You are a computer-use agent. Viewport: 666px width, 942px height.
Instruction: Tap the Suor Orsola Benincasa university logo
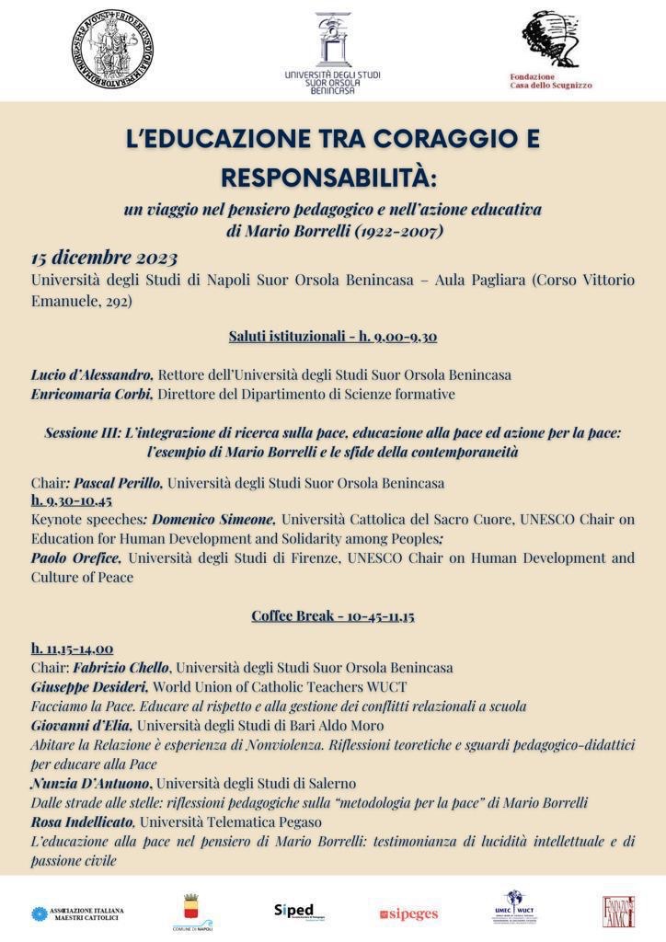(x=332, y=52)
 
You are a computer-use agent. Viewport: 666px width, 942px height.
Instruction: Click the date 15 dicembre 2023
(x=104, y=258)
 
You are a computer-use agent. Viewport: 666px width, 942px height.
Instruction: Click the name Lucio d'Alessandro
(x=91, y=375)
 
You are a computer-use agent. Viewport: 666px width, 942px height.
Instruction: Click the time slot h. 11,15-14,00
(x=72, y=649)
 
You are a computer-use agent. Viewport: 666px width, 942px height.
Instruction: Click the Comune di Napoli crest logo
(x=192, y=912)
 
